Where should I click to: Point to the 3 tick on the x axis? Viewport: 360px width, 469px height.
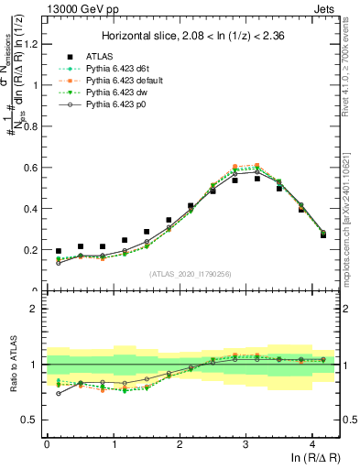tap(245, 442)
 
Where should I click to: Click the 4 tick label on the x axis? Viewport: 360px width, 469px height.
tap(312, 442)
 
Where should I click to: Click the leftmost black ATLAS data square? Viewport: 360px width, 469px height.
tap(59, 251)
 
